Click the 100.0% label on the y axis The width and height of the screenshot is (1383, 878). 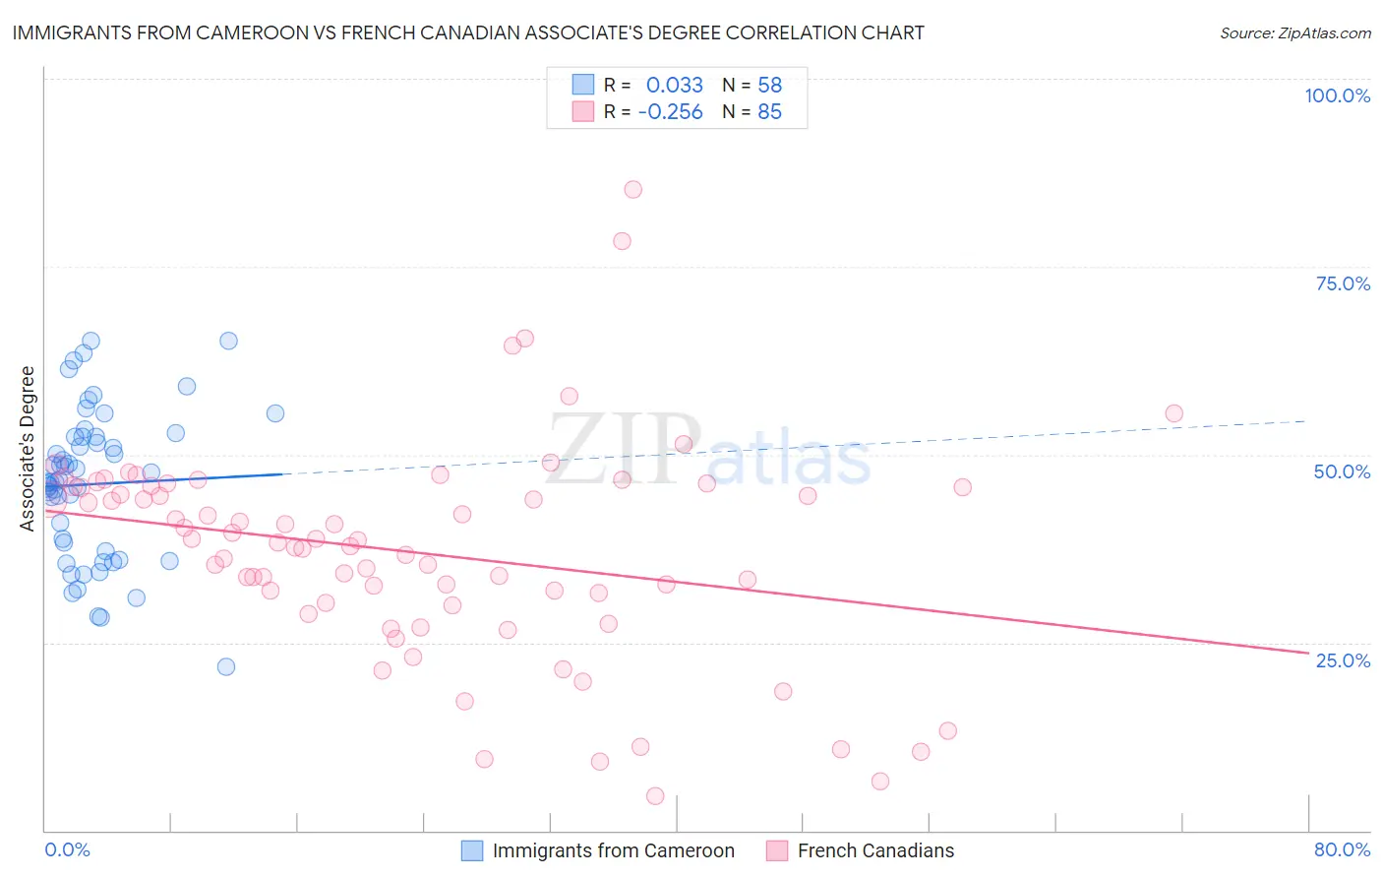[1337, 95]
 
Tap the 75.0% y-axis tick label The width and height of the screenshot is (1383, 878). [1343, 283]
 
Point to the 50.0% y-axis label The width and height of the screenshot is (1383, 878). [1342, 471]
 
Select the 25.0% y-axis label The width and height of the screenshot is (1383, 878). [1343, 660]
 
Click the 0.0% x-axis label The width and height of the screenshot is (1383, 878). [67, 849]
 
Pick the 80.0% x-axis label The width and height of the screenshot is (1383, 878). [1342, 849]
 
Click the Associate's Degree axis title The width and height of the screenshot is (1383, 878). [28, 449]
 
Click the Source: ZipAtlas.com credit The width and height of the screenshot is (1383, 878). [1294, 32]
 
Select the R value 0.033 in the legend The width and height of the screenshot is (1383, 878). [674, 85]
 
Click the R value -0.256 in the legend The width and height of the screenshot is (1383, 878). [670, 112]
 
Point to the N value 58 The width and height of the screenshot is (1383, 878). [769, 85]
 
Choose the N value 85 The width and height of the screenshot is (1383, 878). [769, 112]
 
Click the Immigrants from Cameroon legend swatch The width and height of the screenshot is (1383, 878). [472, 850]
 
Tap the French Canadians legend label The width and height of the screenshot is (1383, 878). [875, 850]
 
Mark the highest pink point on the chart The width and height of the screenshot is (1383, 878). [632, 189]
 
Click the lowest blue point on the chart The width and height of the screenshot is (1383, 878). [226, 666]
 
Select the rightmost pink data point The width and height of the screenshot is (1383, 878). [1173, 413]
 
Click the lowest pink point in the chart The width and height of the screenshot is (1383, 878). [655, 795]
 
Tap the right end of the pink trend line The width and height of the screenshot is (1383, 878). [1308, 653]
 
